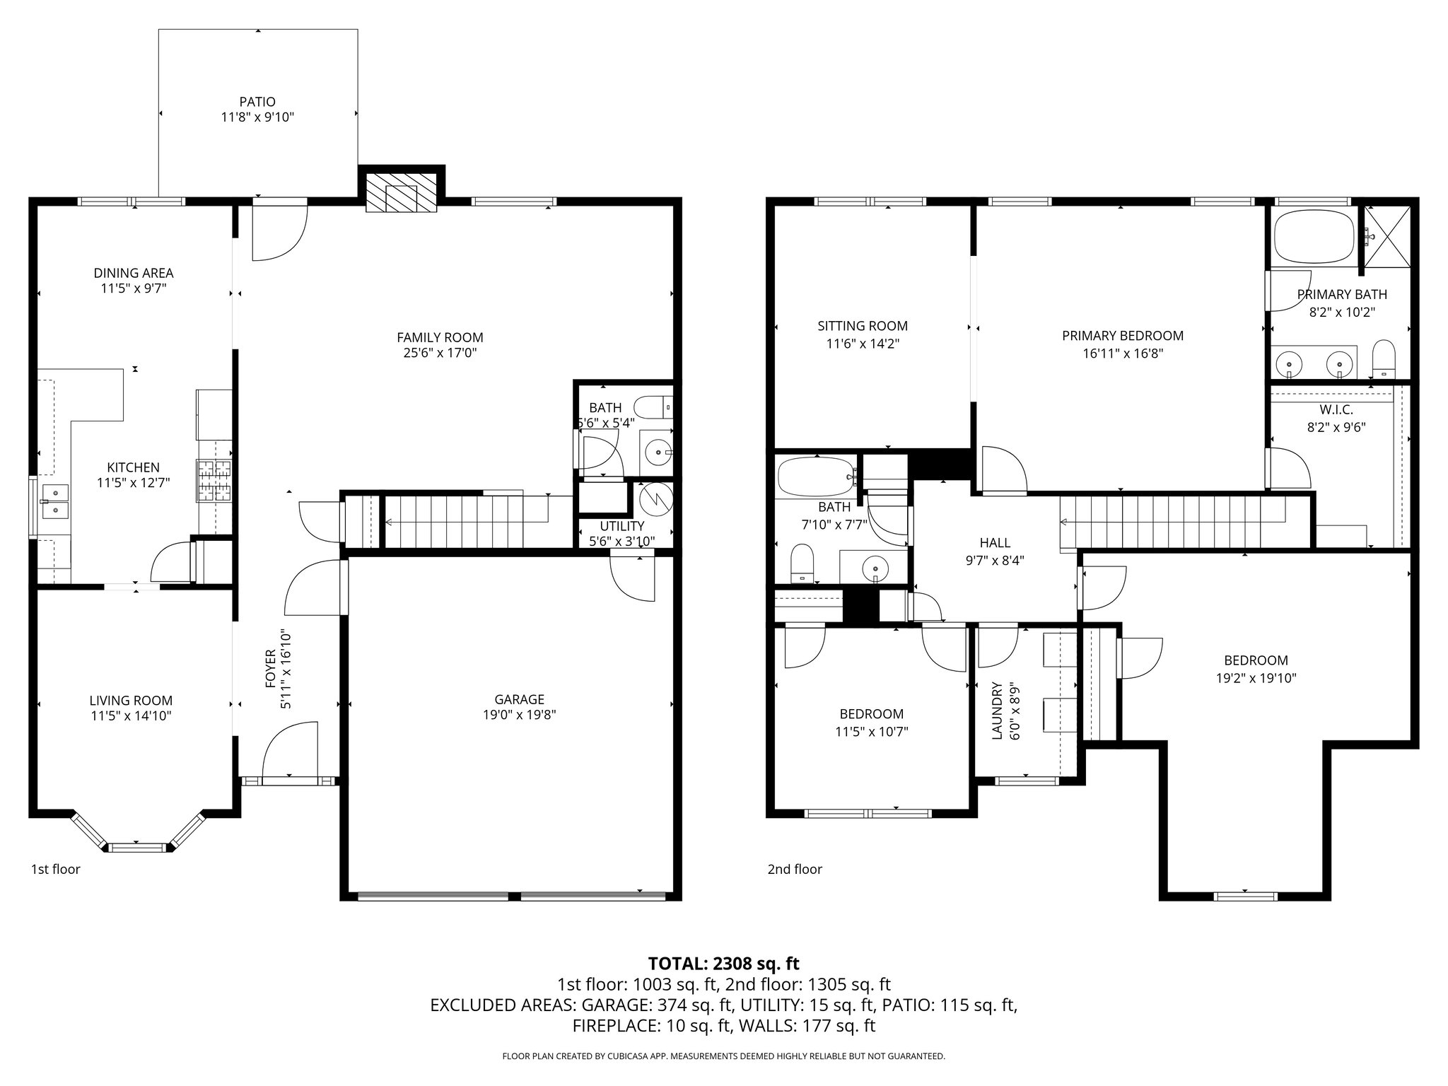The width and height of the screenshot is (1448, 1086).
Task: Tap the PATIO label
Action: tap(257, 102)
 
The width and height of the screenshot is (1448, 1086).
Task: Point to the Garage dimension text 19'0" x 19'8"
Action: tap(519, 714)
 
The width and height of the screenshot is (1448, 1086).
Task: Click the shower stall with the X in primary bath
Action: tap(1386, 237)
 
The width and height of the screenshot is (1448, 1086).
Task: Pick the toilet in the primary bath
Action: tap(1382, 359)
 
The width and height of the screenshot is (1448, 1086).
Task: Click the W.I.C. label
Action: tap(1336, 410)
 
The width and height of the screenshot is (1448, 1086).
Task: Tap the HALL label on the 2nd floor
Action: tap(995, 542)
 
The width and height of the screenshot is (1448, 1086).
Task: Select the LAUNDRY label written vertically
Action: tap(997, 711)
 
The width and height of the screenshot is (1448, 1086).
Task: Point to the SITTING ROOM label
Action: tap(862, 326)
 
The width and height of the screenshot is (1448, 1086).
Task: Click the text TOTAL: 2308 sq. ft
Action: tap(723, 963)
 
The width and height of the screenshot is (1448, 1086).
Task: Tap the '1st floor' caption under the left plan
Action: tap(55, 869)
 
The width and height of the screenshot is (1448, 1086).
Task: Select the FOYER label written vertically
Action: tap(269, 668)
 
